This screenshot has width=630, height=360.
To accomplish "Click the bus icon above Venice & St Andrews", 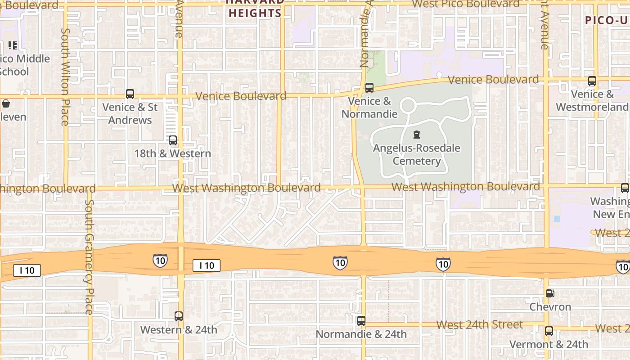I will pyautogui.click(x=130, y=94).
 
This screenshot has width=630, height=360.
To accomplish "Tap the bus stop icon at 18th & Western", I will pyautogui.click(x=173, y=140).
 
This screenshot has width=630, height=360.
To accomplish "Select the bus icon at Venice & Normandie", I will pyautogui.click(x=369, y=88).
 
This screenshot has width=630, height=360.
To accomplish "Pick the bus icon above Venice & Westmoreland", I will pyautogui.click(x=592, y=81).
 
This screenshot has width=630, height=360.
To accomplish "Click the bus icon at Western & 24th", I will pyautogui.click(x=179, y=316).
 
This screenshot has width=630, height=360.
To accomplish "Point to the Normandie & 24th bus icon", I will pyautogui.click(x=361, y=321).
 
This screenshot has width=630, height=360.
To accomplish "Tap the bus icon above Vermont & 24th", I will pyautogui.click(x=549, y=331).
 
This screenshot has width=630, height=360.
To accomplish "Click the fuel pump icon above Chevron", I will pyautogui.click(x=550, y=293).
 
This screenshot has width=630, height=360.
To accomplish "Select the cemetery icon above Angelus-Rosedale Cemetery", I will pyautogui.click(x=417, y=135).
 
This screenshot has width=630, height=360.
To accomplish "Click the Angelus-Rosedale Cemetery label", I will pyautogui.click(x=417, y=154).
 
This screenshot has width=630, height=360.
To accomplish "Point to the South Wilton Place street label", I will pyautogui.click(x=65, y=77).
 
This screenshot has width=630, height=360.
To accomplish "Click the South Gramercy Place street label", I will pyautogui.click(x=89, y=256).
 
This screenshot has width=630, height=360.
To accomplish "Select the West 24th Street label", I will pyautogui.click(x=480, y=324).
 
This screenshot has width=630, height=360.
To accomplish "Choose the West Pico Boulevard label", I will pyautogui.click(x=466, y=4).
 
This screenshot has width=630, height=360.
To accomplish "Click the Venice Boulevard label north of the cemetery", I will pyautogui.click(x=494, y=80).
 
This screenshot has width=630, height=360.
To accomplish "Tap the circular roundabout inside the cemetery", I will pyautogui.click(x=408, y=106).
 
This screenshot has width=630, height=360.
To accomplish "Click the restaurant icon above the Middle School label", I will pyautogui.click(x=13, y=45).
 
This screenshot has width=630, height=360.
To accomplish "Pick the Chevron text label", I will pyautogui.click(x=550, y=307).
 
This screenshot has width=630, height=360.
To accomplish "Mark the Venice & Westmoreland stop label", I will pyautogui.click(x=592, y=100).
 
